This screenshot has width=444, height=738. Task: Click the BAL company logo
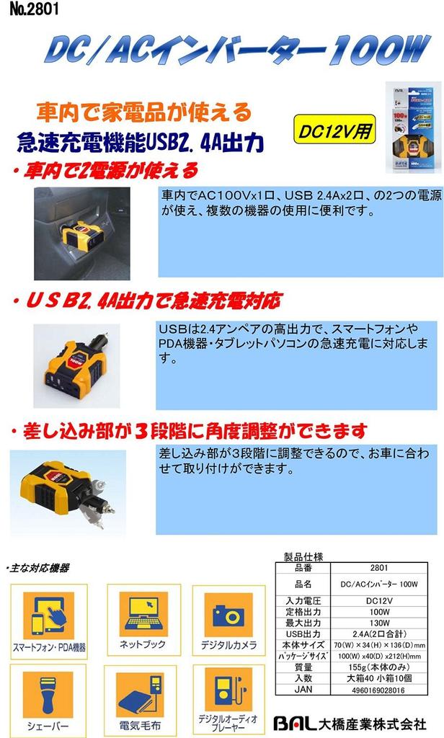click(x=296, y=722)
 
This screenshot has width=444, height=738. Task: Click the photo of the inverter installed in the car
click(x=82, y=234)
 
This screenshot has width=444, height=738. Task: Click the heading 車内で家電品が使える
click(x=144, y=112)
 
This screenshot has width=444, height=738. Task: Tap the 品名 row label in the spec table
click(x=303, y=584)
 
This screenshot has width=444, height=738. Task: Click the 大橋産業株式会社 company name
click(x=375, y=722)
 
